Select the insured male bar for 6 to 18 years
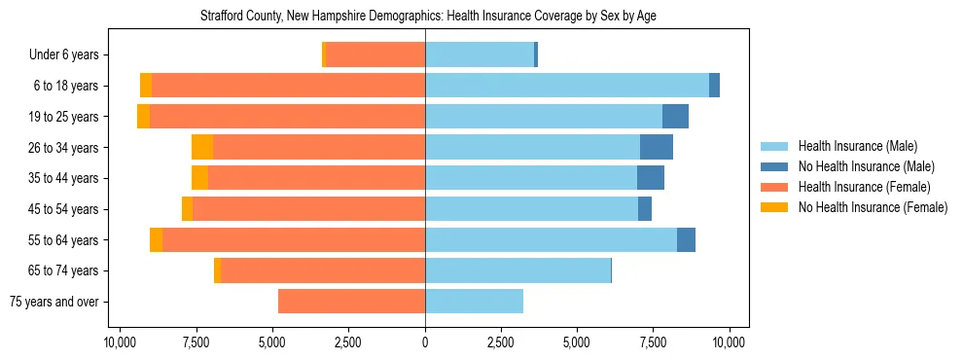click(x=567, y=86)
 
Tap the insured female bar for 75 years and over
click(x=351, y=302)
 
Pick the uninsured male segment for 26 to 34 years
click(x=657, y=147)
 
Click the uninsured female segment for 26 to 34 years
click(x=202, y=147)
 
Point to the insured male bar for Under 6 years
click(x=480, y=54)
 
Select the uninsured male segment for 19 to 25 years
click(x=675, y=117)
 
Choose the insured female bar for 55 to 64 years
click(x=294, y=239)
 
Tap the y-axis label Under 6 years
click(x=71, y=55)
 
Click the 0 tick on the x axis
click(x=425, y=342)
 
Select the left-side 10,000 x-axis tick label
click(x=120, y=342)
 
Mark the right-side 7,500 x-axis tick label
click(x=653, y=342)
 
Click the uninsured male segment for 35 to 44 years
click(x=651, y=178)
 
